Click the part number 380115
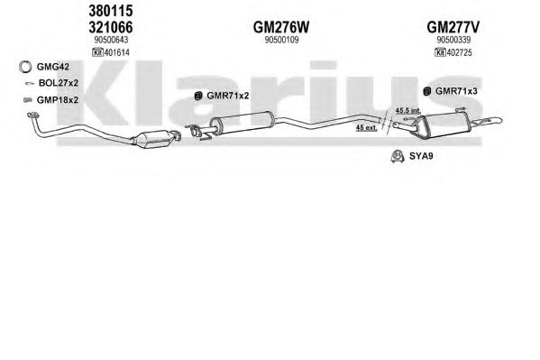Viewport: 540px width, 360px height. click(x=111, y=11)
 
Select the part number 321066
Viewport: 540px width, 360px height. click(x=111, y=27)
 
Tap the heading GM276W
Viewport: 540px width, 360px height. click(x=281, y=27)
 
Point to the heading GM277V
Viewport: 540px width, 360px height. click(x=453, y=27)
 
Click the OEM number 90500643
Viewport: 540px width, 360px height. click(x=111, y=40)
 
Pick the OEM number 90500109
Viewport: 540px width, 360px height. click(x=281, y=40)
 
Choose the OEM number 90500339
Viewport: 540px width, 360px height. click(x=453, y=40)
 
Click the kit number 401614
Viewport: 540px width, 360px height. click(x=115, y=52)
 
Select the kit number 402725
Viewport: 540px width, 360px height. click(x=458, y=52)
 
